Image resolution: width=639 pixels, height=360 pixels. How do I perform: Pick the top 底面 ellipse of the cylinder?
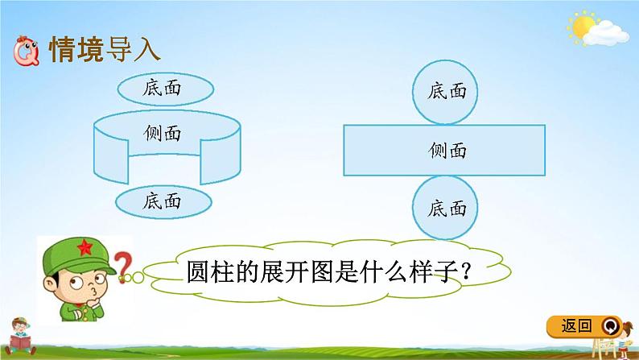pos(161,86)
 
